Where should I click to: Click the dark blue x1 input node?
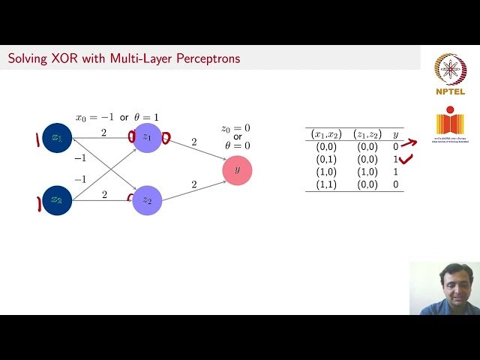click(57, 138)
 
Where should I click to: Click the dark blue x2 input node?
click(57, 200)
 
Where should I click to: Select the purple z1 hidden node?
click(147, 138)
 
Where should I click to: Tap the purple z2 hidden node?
click(147, 200)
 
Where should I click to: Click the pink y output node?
click(237, 170)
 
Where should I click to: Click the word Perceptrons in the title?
click(208, 58)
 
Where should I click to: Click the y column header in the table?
click(396, 135)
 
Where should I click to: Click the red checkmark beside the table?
click(407, 159)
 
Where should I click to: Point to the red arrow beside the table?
click(409, 143)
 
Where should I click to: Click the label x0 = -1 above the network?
click(94, 118)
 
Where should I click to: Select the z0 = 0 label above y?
click(235, 128)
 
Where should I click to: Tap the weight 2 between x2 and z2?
click(104, 195)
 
